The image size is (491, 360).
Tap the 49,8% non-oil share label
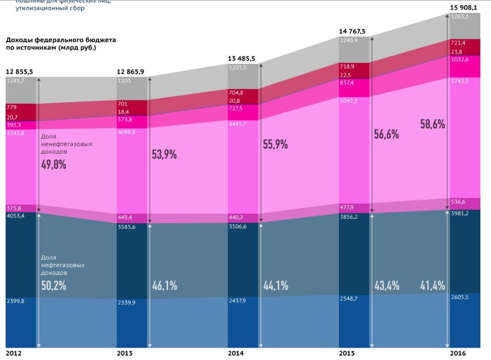point(54,164)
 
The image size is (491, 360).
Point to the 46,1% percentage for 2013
point(164,285)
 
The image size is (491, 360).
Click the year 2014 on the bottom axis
point(236,354)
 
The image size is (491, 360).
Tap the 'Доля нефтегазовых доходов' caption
point(61,266)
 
